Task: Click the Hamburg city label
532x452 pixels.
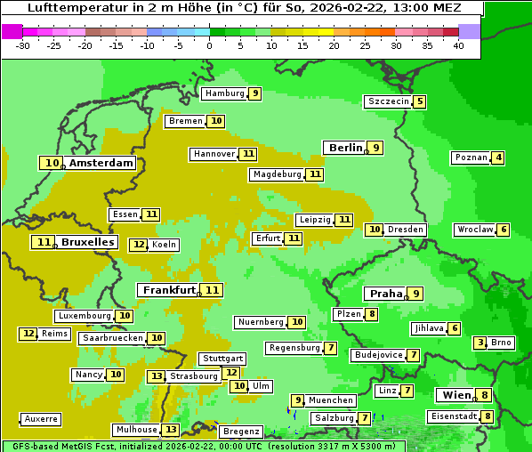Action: pyautogui.click(x=224, y=93)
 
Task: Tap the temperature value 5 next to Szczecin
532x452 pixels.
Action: pyautogui.click(x=419, y=101)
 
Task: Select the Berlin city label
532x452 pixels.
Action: pyautogui.click(x=345, y=148)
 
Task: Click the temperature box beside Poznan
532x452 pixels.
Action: pyautogui.click(x=498, y=158)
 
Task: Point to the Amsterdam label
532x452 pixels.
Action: pyautogui.click(x=101, y=163)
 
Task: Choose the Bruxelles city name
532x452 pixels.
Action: pyautogui.click(x=87, y=242)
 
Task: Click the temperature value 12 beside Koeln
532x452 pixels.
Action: pyautogui.click(x=138, y=245)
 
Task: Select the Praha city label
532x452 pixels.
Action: pyautogui.click(x=386, y=294)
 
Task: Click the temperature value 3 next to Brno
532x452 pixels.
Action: pyautogui.click(x=480, y=343)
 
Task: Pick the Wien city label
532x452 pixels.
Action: pyautogui.click(x=455, y=395)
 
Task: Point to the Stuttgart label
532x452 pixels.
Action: pyautogui.click(x=222, y=359)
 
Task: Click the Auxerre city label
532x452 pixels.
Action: pyautogui.click(x=41, y=419)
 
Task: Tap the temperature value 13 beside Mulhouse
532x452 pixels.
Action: pyautogui.click(x=170, y=430)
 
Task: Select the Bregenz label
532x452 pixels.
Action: pyautogui.click(x=241, y=432)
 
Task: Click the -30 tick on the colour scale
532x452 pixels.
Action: pyautogui.click(x=23, y=45)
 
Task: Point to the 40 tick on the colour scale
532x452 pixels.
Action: pyautogui.click(x=458, y=45)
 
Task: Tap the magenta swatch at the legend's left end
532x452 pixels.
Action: pyautogui.click(x=12, y=31)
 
